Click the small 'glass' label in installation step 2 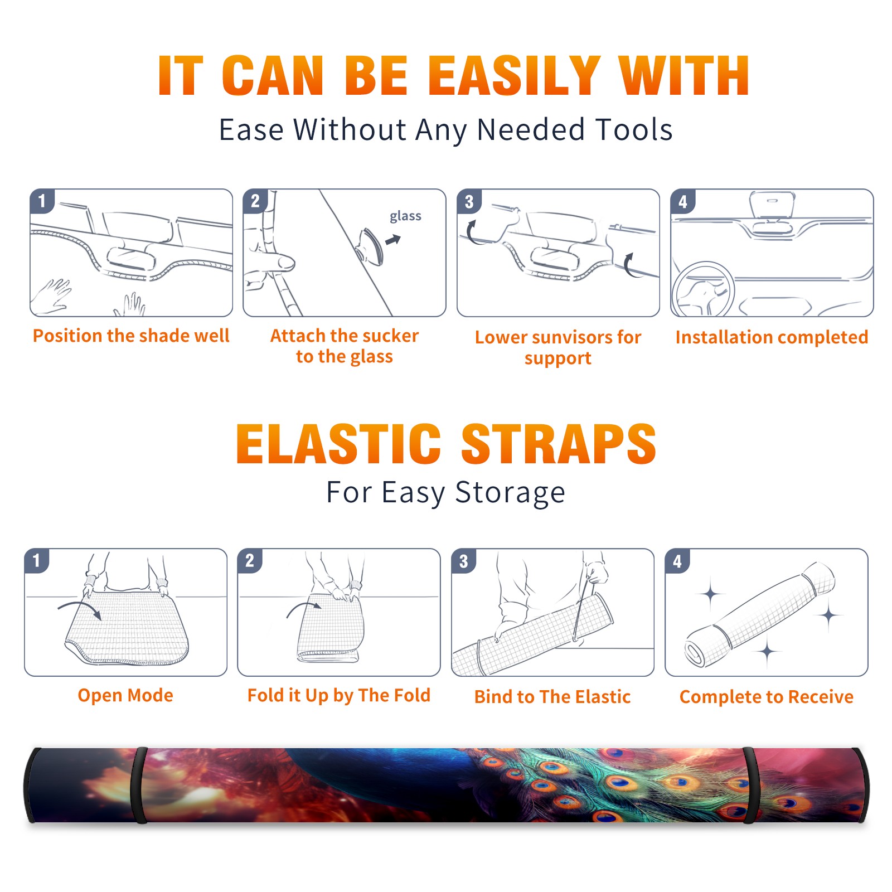[405, 216]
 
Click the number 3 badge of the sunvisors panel [469, 201]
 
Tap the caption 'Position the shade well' [131, 336]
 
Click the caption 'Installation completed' [772, 337]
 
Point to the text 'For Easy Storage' [446, 493]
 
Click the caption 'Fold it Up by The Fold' [339, 695]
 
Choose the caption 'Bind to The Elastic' [552, 697]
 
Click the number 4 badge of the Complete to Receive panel [677, 561]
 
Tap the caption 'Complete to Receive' [767, 697]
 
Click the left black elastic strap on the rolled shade [139, 785]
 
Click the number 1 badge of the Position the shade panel [42, 201]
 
